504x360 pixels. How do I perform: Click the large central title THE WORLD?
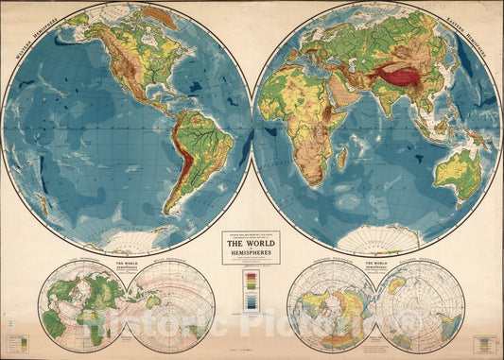coord(252,241)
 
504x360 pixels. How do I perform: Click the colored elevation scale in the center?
coord(252,289)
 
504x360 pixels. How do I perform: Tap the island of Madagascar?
coord(341,158)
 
